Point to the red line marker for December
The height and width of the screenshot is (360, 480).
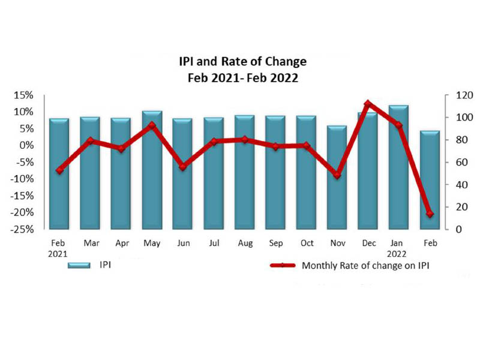click(368, 104)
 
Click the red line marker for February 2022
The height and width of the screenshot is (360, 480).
click(430, 214)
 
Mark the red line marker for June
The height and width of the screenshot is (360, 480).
click(183, 167)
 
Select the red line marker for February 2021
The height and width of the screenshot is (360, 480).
click(59, 170)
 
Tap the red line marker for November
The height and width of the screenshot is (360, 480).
click(337, 175)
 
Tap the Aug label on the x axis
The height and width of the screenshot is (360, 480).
click(244, 244)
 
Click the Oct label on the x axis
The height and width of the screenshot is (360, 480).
click(306, 244)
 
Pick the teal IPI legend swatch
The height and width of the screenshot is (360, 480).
click(78, 265)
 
